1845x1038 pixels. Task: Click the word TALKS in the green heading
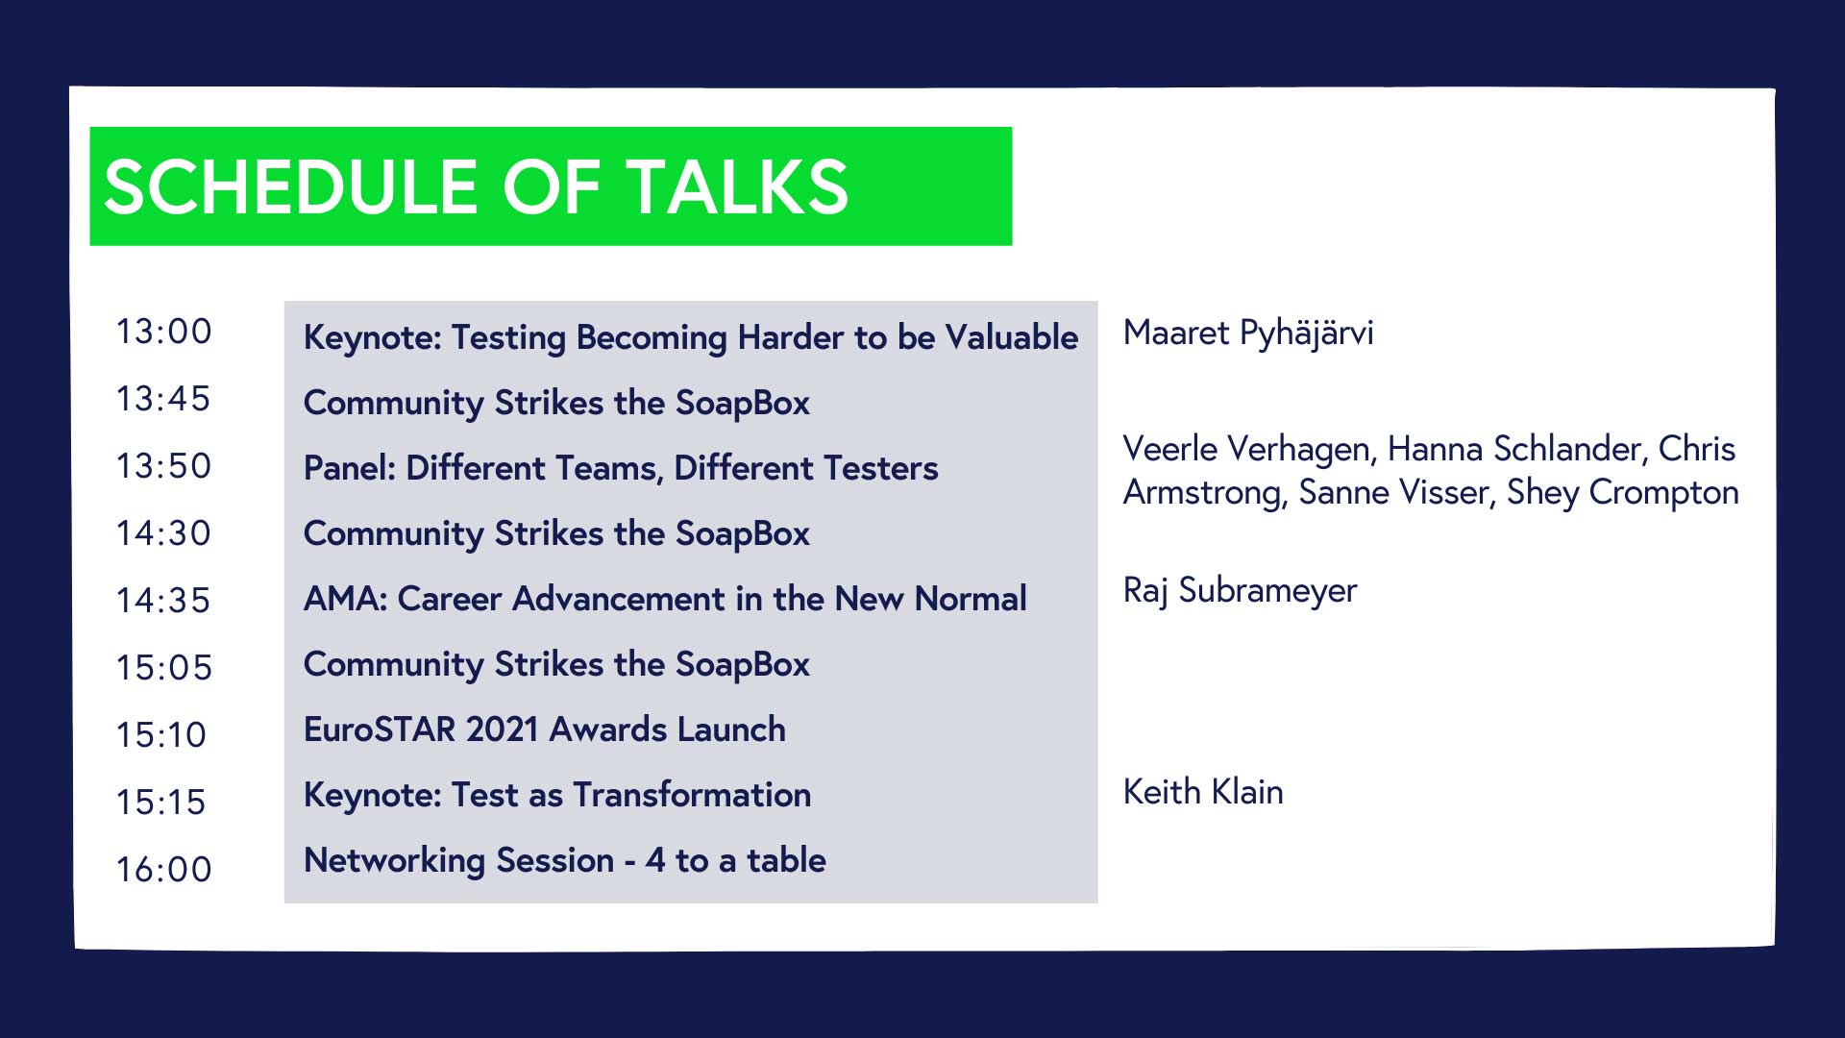click(x=738, y=186)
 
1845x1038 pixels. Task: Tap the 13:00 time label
click(x=164, y=332)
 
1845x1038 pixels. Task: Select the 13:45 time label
click(x=163, y=399)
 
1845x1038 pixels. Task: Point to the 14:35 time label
click(x=163, y=601)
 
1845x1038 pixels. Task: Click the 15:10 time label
click(x=161, y=735)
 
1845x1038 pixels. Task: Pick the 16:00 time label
click(x=164, y=870)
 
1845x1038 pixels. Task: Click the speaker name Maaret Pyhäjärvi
click(x=1248, y=334)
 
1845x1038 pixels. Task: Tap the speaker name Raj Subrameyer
click(x=1240, y=590)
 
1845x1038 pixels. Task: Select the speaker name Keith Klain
click(x=1203, y=792)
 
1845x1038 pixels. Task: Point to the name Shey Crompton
click(x=1623, y=493)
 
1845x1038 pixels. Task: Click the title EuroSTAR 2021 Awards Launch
click(x=545, y=729)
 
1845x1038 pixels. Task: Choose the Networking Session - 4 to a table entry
click(x=565, y=860)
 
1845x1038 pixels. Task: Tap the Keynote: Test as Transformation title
click(x=557, y=796)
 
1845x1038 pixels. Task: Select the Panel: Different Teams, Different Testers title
click(x=621, y=468)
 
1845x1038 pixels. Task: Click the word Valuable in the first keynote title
click(x=1012, y=337)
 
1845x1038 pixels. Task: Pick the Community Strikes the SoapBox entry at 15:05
click(x=556, y=665)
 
